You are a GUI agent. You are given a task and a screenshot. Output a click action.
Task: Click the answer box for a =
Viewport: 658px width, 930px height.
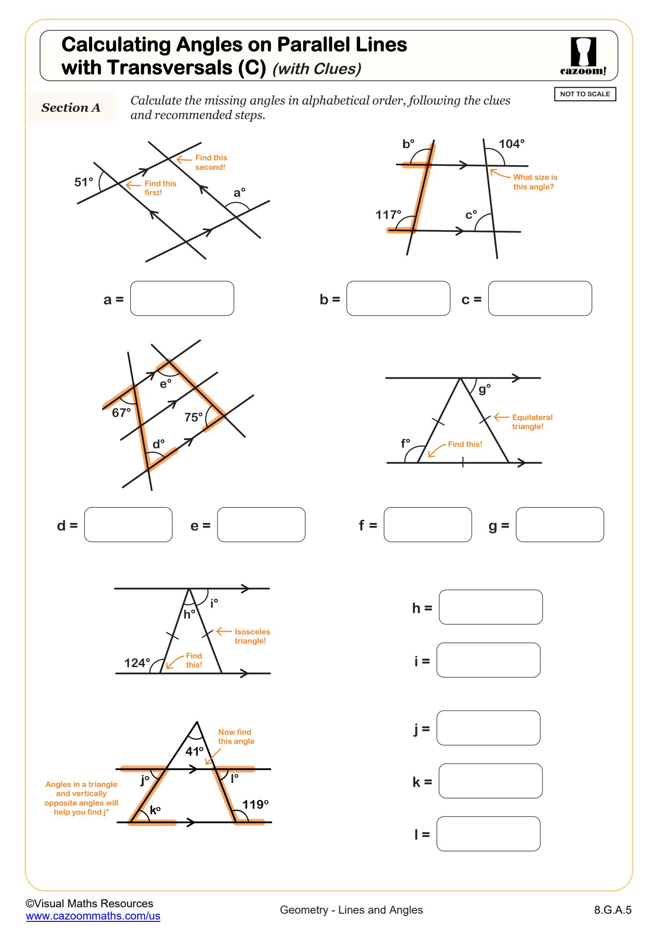click(182, 298)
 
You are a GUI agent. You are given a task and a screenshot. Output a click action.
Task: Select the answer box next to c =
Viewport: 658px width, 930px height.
click(540, 298)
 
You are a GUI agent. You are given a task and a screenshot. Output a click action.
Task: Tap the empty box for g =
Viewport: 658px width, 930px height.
click(559, 524)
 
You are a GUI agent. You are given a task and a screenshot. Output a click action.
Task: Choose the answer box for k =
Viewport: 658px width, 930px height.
click(490, 781)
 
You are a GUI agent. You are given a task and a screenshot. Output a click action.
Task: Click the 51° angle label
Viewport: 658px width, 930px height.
click(84, 182)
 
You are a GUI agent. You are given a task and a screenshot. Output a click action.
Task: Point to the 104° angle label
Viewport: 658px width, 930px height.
click(511, 144)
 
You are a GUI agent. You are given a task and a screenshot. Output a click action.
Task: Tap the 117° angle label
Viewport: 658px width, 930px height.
click(388, 214)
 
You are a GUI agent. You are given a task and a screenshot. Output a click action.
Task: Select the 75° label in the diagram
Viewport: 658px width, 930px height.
click(193, 417)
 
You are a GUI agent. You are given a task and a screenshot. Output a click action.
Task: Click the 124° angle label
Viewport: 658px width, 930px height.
click(137, 663)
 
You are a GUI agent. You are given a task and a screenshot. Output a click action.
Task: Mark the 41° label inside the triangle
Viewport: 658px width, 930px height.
click(194, 751)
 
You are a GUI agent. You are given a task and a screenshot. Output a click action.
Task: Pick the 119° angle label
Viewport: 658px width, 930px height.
click(255, 804)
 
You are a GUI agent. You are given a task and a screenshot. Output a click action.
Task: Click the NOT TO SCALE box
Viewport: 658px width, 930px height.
click(585, 94)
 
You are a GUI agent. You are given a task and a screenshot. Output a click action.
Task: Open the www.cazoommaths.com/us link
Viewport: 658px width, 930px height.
click(93, 916)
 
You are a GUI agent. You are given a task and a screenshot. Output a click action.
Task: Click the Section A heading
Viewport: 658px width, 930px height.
click(71, 108)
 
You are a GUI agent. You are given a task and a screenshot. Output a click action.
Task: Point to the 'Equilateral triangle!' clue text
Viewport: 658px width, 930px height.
click(532, 422)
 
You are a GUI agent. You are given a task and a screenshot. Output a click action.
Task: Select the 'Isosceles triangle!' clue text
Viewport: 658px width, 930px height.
click(252, 636)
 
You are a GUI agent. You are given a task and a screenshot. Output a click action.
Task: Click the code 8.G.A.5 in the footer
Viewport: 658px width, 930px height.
click(613, 910)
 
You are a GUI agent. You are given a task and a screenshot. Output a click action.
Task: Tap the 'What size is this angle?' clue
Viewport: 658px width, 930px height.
click(534, 182)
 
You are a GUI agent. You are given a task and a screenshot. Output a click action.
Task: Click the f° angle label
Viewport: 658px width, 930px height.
click(406, 443)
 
